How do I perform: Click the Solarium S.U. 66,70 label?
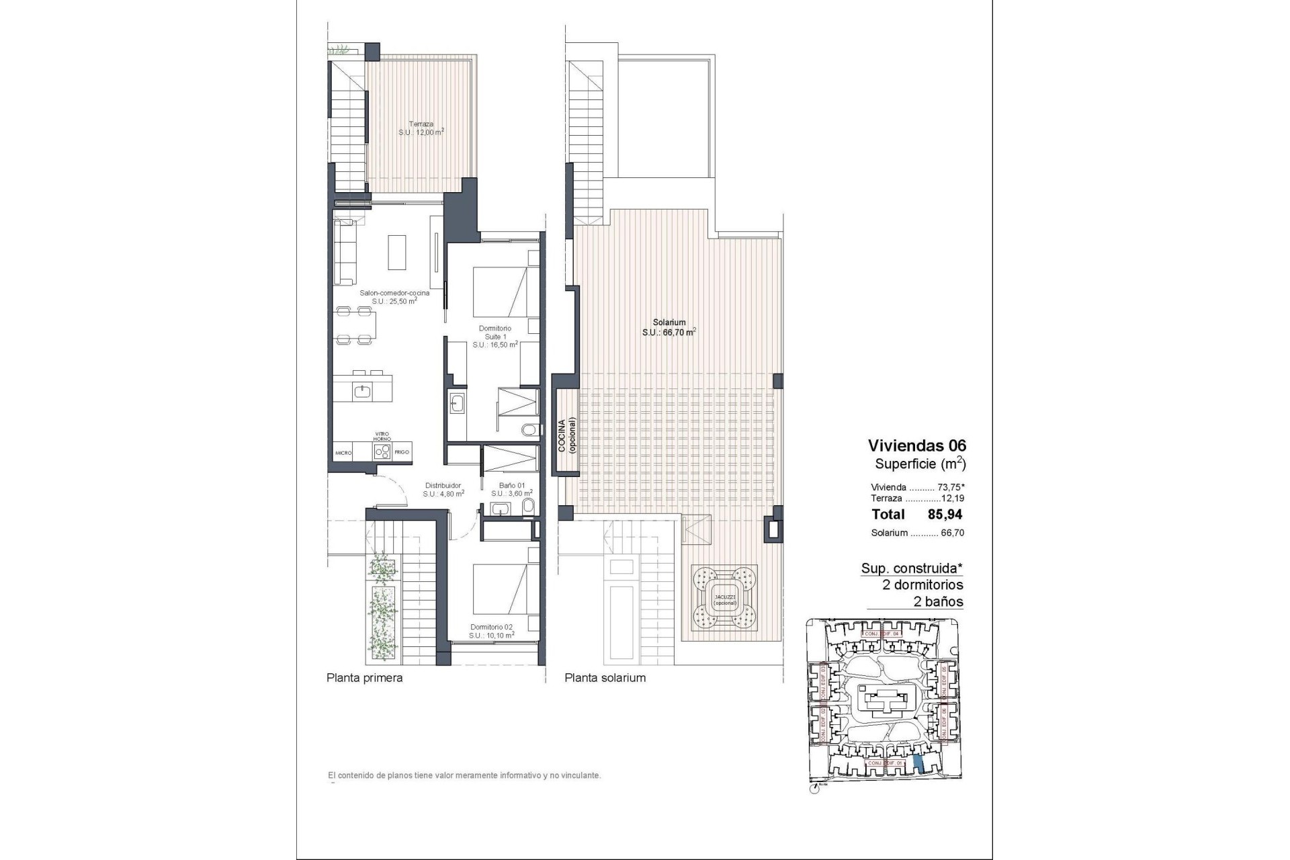[669, 327]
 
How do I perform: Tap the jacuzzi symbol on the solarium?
[724, 594]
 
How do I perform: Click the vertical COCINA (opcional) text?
[566, 437]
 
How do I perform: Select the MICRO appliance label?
[343, 454]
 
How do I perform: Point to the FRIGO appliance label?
[402, 452]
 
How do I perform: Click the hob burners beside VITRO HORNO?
[382, 452]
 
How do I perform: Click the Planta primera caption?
[364, 678]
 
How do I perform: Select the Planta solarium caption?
[605, 678]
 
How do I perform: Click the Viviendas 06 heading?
[916, 445]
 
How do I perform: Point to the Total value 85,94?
[945, 515]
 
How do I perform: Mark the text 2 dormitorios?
[922, 585]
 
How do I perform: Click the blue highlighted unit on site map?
[920, 761]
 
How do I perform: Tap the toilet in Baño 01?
[528, 506]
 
